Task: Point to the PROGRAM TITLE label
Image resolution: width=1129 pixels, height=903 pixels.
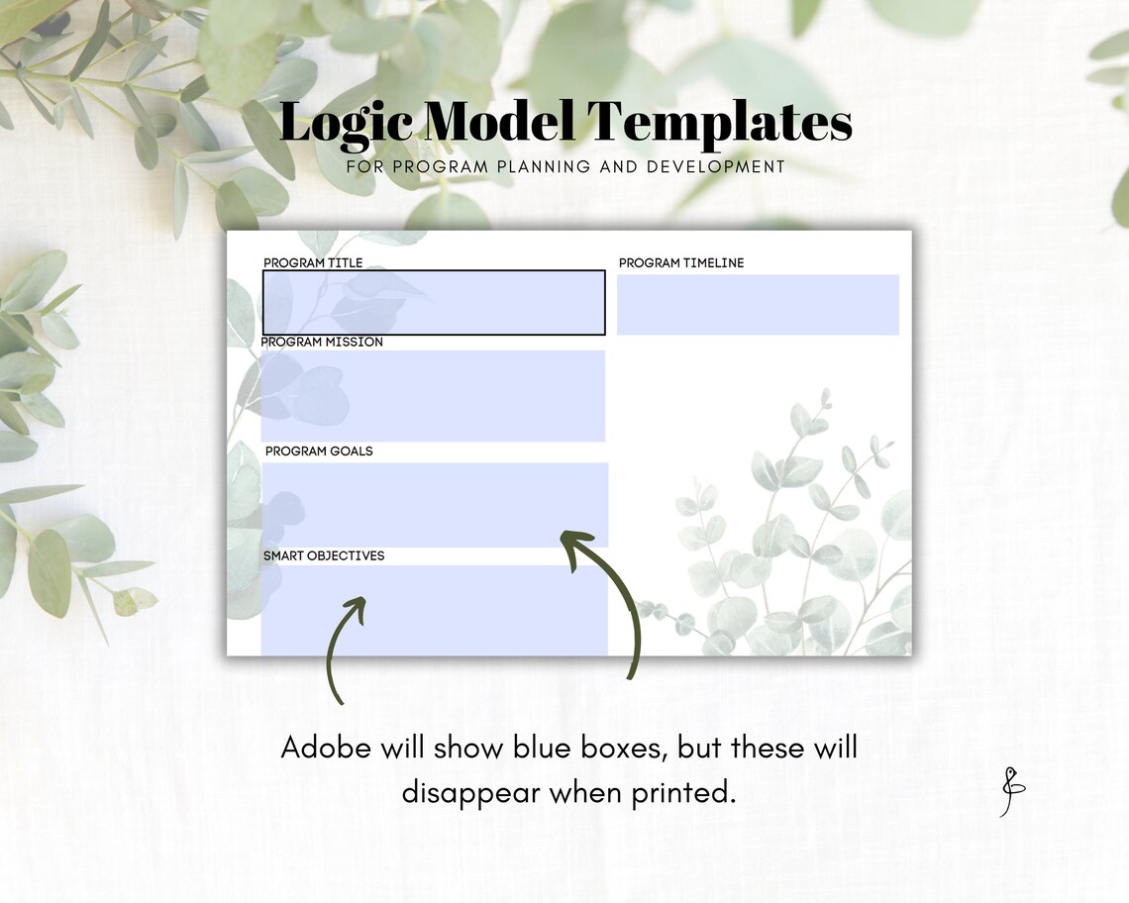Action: coord(313,262)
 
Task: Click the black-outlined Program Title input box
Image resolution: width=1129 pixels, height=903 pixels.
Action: coord(434,302)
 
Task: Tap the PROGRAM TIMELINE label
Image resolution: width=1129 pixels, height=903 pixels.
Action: coord(681,262)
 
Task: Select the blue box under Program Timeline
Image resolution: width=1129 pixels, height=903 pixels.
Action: coord(758,304)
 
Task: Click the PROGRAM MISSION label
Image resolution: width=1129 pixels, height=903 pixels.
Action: coord(322,342)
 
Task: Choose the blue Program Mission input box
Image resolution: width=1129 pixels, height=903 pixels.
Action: coord(434,395)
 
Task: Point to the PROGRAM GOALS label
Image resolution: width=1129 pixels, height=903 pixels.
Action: coord(319,451)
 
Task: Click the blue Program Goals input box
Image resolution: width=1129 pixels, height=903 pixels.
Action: coord(436,504)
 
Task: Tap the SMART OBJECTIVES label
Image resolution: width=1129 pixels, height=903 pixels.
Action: coord(324,555)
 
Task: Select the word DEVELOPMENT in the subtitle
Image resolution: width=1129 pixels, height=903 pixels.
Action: coord(716,167)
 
